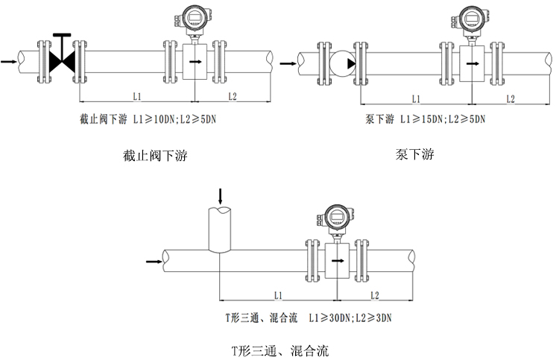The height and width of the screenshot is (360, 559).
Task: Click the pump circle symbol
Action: (x=342, y=61)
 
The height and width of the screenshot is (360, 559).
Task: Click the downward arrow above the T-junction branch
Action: (x=220, y=197)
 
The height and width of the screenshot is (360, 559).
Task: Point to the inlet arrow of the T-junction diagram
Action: (x=153, y=262)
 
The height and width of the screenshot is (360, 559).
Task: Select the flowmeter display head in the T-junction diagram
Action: (x=336, y=216)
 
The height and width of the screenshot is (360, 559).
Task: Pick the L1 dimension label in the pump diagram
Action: (x=416, y=98)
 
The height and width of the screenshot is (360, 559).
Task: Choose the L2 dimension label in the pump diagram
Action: (x=511, y=98)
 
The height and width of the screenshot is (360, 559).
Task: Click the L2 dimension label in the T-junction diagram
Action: (x=374, y=295)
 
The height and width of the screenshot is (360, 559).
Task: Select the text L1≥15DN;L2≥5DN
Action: (x=443, y=119)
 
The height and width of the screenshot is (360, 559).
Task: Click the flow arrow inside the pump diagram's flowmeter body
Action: (x=472, y=63)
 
